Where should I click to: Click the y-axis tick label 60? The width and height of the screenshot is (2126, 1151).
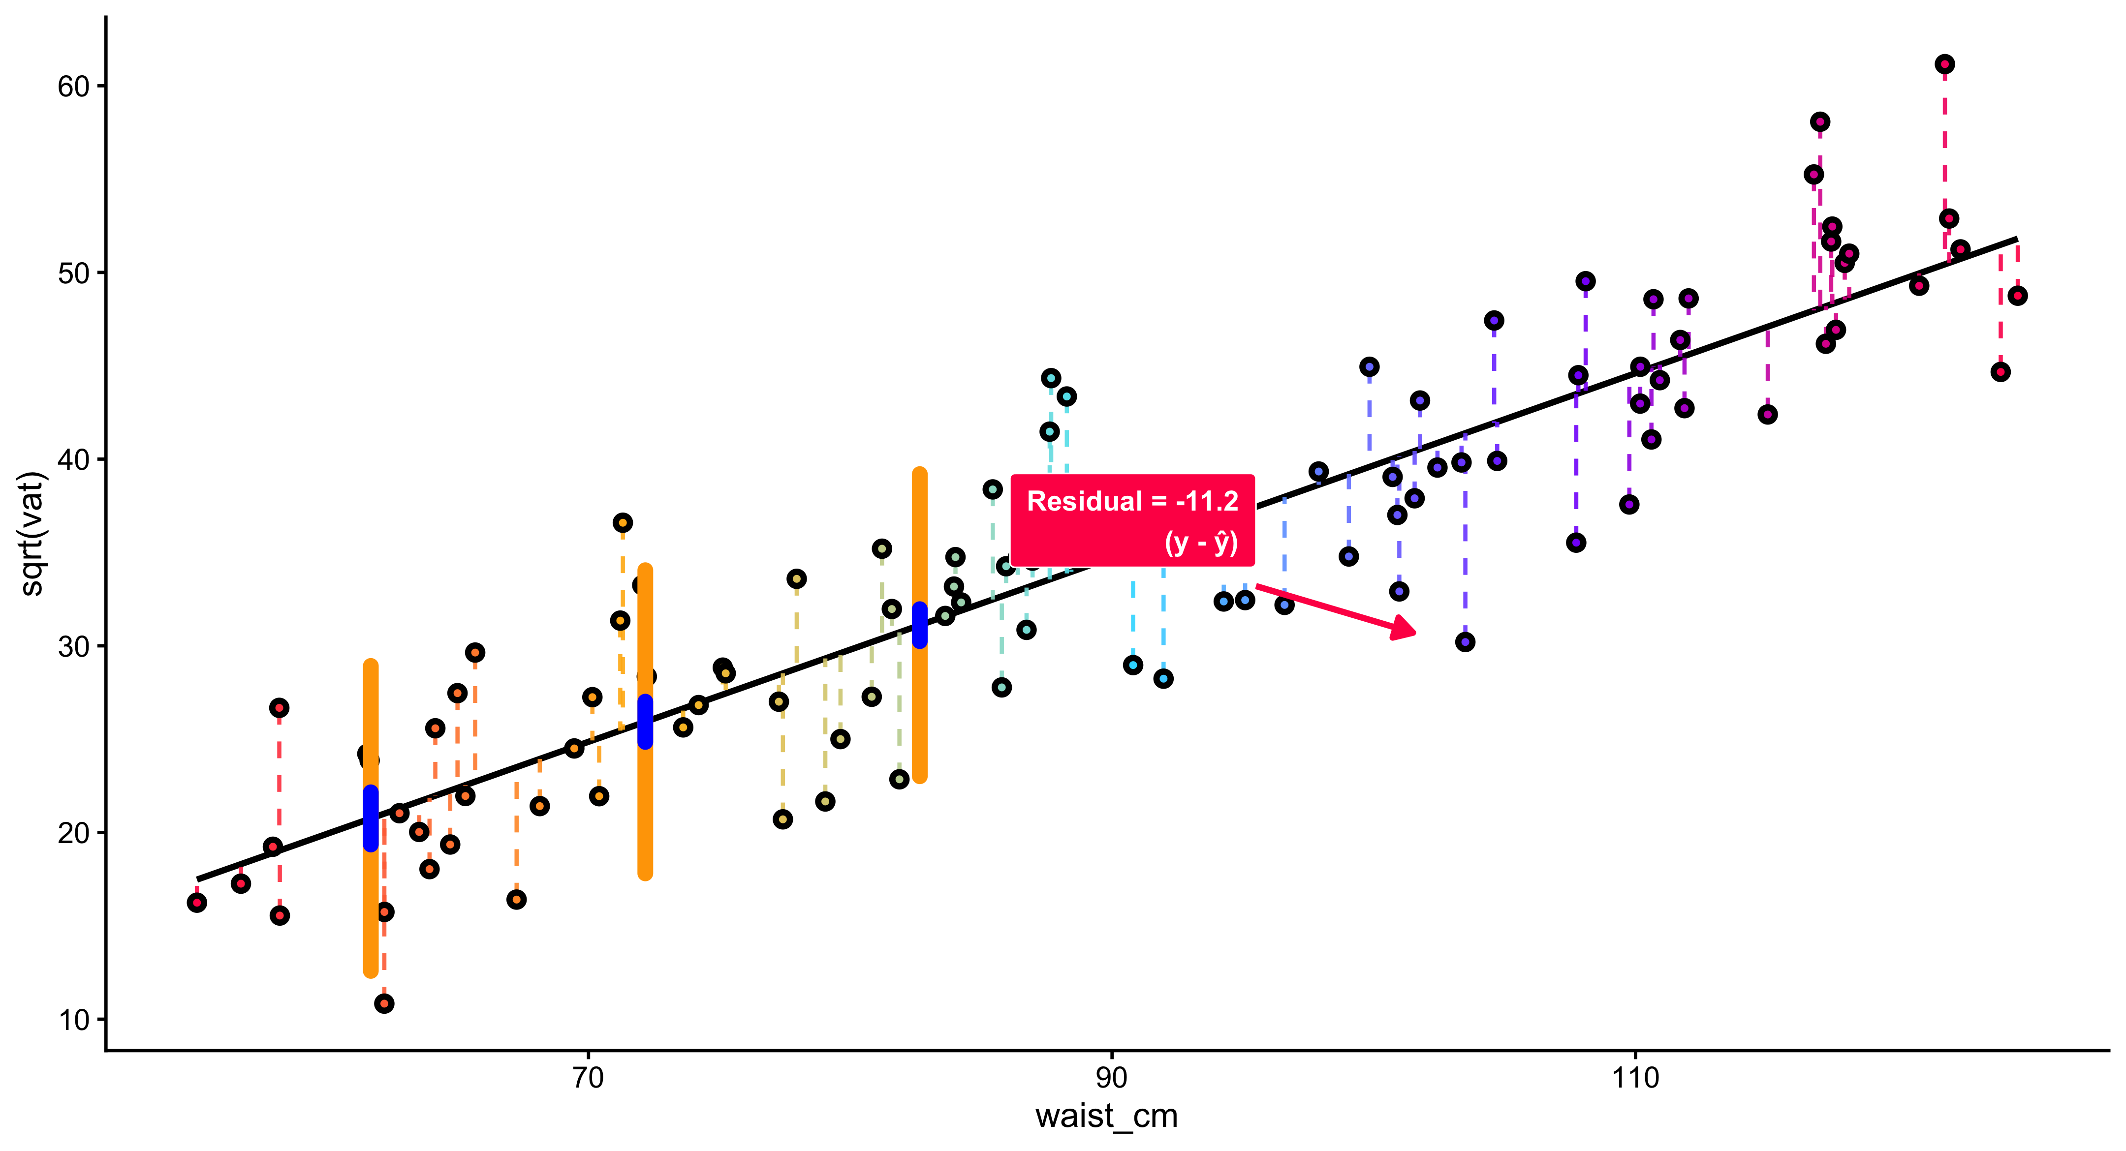click(73, 87)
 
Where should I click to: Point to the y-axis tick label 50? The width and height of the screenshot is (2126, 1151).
click(73, 273)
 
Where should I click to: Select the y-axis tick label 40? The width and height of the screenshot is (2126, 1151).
click(73, 459)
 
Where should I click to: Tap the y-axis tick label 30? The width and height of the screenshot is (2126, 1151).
click(73, 646)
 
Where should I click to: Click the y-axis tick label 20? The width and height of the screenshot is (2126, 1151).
click(73, 833)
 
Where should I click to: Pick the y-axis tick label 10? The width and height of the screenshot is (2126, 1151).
click(73, 1020)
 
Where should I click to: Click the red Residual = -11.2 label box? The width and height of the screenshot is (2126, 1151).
click(1132, 520)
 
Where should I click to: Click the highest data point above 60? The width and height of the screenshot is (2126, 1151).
click(1944, 64)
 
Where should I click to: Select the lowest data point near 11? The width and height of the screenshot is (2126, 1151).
click(384, 1003)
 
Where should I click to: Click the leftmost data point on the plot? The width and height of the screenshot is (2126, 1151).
click(196, 903)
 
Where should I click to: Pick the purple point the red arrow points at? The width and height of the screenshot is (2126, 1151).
click(1465, 642)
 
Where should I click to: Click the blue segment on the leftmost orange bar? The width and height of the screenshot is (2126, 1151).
click(371, 818)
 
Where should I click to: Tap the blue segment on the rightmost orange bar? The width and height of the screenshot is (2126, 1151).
click(919, 625)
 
